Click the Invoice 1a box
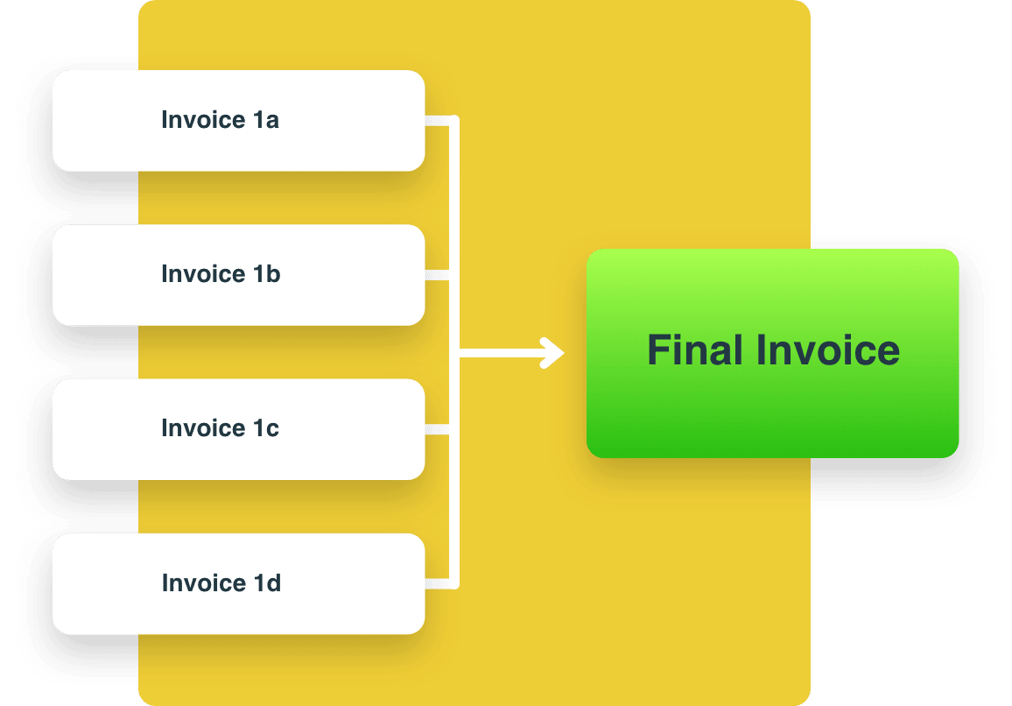tap(239, 121)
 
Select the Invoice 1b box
tap(239, 275)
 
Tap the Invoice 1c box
tap(239, 429)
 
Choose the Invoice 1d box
tap(239, 584)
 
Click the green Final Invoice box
tap(772, 353)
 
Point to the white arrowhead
tap(553, 353)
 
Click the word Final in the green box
tap(694, 350)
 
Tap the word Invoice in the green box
tap(828, 350)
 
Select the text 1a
tap(266, 120)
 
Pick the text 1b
tap(266, 274)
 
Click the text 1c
tap(266, 428)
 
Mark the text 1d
tap(267, 582)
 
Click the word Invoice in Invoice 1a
tap(203, 120)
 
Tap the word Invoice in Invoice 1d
tap(204, 582)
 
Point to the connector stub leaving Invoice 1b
tap(437, 275)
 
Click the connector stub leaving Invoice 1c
tap(437, 429)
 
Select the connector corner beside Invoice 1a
tap(454, 120)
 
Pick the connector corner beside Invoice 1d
tap(454, 584)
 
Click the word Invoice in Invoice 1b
tap(203, 274)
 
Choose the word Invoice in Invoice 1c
tap(203, 428)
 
